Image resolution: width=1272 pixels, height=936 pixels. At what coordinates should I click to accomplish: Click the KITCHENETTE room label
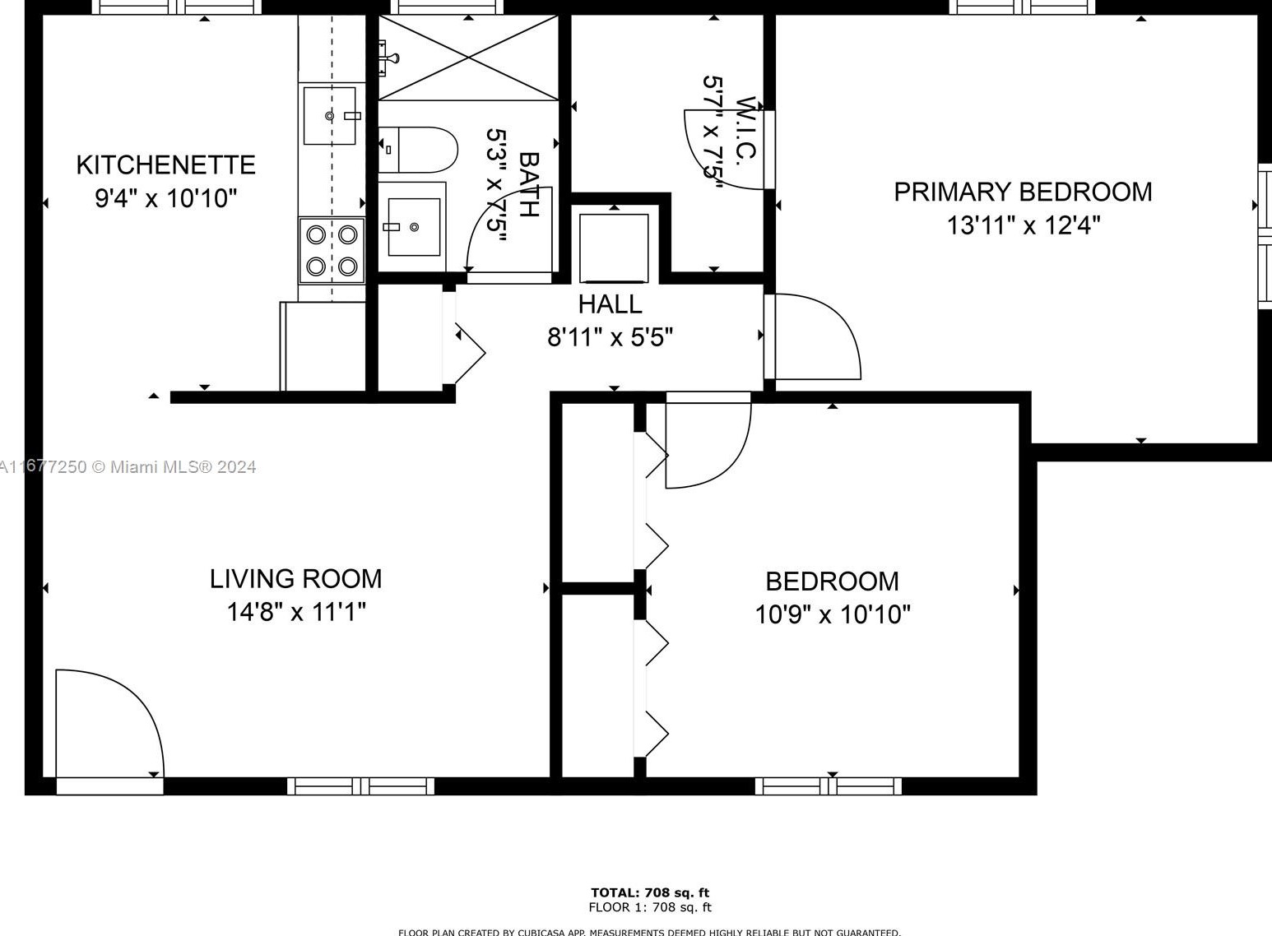165,164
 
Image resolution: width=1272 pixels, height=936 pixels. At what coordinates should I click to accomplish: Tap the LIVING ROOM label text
295,579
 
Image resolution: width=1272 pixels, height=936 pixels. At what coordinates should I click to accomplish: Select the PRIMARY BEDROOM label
1023,192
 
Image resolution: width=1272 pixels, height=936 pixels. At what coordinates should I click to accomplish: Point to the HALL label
610,304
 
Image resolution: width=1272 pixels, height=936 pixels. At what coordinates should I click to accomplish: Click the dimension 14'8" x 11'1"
296,612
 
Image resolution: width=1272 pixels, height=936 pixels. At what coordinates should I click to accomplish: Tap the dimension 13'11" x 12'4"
1023,225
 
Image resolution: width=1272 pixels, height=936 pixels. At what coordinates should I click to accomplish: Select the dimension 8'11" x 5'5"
610,337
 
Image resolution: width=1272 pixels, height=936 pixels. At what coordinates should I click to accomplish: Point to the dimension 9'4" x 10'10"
165,198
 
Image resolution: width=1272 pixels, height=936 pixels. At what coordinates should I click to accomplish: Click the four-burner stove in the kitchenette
332,250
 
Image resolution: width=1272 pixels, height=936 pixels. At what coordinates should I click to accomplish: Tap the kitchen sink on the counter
330,115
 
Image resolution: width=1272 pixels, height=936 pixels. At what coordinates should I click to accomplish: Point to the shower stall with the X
468,58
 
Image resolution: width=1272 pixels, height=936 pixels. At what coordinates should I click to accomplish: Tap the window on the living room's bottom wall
360,785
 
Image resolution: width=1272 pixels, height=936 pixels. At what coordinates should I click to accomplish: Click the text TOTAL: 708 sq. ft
649,892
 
